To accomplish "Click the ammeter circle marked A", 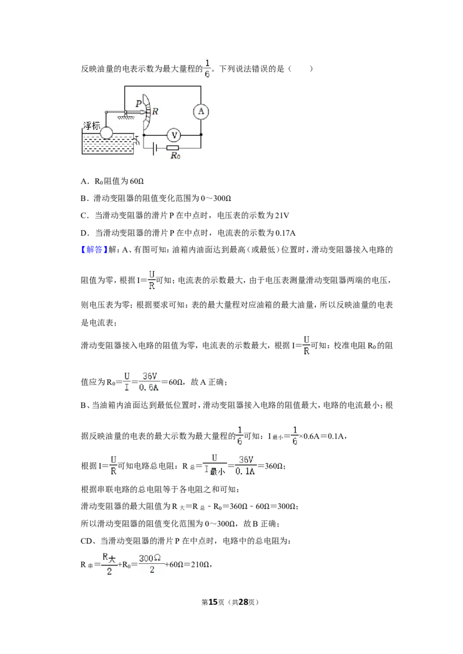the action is click(x=201, y=112).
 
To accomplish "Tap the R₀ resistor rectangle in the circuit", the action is click(x=172, y=148).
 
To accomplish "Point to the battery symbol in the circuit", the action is click(x=155, y=148).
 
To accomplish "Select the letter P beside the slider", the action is click(x=138, y=104).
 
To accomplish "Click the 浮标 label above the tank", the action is click(x=91, y=125).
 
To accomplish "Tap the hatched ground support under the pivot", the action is click(x=124, y=117).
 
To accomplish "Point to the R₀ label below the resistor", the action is click(x=175, y=156).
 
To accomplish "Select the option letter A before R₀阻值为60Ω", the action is click(x=83, y=181).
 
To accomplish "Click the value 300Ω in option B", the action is click(x=222, y=199).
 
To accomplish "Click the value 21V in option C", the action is click(x=282, y=215).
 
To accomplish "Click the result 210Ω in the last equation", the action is click(x=200, y=565).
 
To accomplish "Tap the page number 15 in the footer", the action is click(x=213, y=602).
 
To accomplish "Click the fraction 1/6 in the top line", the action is click(x=207, y=69).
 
